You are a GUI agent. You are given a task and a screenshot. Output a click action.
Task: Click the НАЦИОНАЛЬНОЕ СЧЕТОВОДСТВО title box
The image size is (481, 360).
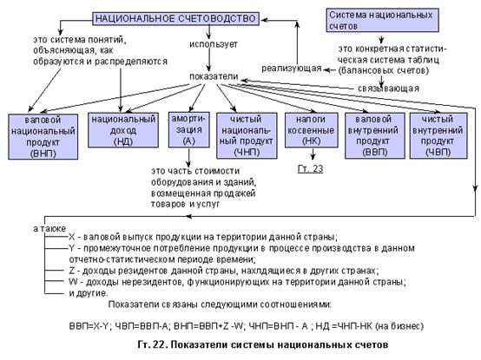click(175, 19)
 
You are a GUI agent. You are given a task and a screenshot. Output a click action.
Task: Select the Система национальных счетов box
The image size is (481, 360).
click(382, 20)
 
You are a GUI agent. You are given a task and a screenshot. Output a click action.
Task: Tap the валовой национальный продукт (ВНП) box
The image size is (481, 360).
click(43, 137)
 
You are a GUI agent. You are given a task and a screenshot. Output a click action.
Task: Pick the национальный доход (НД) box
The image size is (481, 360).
click(123, 130)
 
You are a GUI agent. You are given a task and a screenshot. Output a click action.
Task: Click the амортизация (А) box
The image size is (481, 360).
click(189, 129)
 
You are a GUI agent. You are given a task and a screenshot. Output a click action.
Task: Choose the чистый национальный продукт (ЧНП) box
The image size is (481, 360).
click(247, 135)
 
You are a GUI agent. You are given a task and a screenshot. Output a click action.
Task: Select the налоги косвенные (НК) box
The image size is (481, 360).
click(312, 130)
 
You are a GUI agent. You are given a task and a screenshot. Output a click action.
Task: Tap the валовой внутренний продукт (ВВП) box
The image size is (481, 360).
click(375, 135)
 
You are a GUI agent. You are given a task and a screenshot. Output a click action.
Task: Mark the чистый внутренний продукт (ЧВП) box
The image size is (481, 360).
click(438, 135)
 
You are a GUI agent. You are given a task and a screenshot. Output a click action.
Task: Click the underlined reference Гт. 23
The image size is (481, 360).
click(310, 169)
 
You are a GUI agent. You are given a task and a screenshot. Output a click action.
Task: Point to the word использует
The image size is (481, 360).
click(214, 44)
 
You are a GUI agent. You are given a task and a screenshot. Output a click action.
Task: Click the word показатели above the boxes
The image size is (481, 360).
click(214, 76)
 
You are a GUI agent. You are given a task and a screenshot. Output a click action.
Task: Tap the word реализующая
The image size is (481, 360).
click(292, 69)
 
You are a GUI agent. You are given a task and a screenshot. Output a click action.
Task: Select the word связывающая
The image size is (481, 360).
click(388, 88)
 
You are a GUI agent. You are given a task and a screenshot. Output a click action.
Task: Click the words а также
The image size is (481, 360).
click(49, 228)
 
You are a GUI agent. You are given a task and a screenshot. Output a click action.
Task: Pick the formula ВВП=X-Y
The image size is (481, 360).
click(89, 326)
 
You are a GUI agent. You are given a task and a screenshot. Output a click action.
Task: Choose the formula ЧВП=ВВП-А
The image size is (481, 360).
click(142, 326)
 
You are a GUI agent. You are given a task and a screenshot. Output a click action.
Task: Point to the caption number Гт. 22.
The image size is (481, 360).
click(152, 344)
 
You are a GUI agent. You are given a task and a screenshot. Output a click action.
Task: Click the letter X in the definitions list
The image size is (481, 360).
click(72, 237)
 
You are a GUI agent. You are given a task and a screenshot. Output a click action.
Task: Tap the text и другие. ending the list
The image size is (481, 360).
click(89, 293)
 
